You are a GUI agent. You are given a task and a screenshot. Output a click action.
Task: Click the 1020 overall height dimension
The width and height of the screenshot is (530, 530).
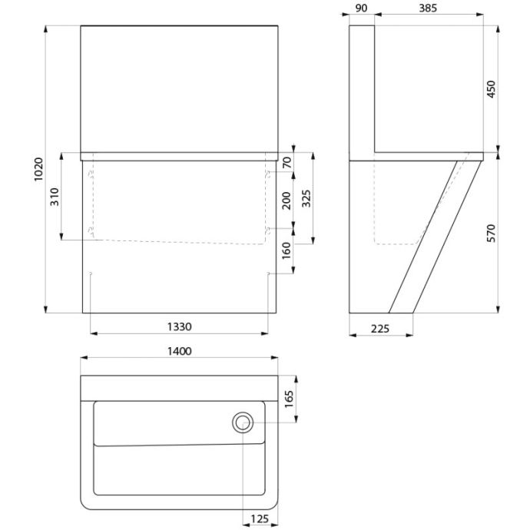[x=39, y=169]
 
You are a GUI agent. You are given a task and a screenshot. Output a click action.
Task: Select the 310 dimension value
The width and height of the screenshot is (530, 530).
[x=55, y=197]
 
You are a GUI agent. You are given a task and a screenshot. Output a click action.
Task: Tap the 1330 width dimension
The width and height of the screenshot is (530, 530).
[x=180, y=327]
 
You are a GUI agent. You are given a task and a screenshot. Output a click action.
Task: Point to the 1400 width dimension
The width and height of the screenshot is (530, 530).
[x=180, y=352]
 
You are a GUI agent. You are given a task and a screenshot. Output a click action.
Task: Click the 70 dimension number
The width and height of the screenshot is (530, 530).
[x=287, y=163]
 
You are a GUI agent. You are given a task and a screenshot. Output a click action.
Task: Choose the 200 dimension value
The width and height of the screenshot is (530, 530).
[x=287, y=200]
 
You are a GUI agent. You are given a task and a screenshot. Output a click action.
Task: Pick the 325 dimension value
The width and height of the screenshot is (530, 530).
[x=306, y=199]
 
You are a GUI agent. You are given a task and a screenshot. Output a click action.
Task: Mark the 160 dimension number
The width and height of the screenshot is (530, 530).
[x=287, y=250]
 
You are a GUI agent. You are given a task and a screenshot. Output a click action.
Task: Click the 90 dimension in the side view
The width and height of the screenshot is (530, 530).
[x=361, y=8]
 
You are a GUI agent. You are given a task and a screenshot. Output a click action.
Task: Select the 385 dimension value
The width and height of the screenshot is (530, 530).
[x=428, y=8]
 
